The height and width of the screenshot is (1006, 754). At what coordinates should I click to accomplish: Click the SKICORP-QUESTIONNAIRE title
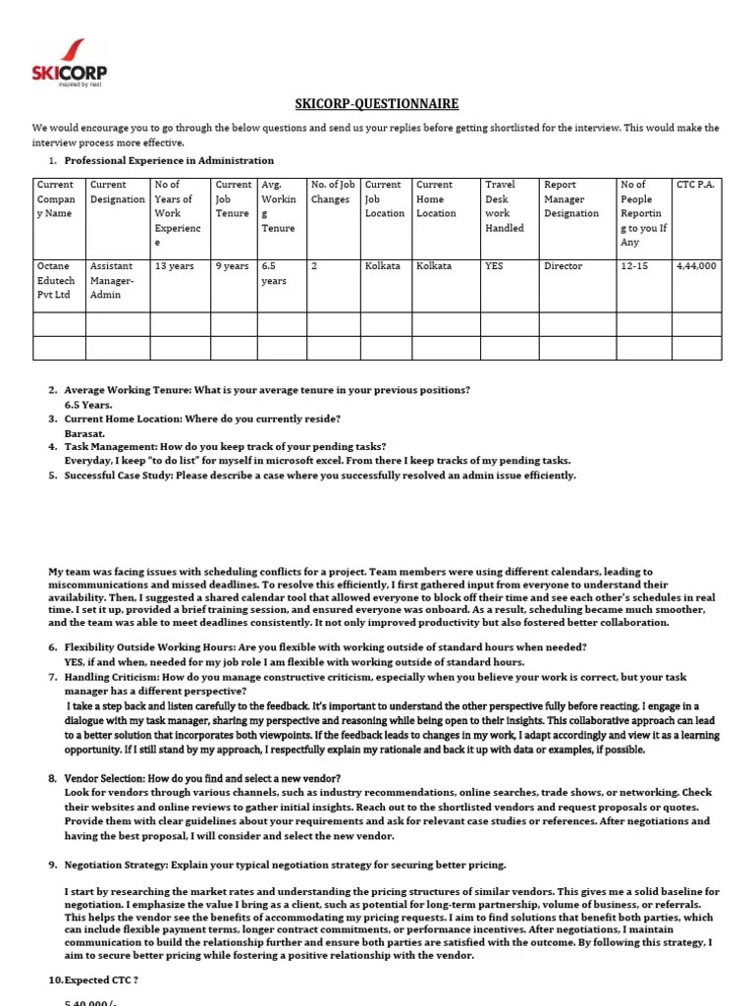[377, 104]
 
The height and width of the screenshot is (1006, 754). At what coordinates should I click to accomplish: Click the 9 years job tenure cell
[233, 266]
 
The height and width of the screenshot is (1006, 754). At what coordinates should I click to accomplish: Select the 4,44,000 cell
[695, 266]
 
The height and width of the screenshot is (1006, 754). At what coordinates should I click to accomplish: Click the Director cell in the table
[563, 266]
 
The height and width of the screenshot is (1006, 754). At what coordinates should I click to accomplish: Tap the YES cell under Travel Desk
[494, 266]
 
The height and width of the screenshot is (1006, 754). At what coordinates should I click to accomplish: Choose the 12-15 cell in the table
[635, 266]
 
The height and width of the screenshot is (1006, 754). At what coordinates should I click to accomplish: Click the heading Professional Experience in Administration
[169, 160]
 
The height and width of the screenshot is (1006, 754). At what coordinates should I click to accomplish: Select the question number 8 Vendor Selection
[202, 778]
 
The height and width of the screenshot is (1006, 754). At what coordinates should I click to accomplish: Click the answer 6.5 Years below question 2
[88, 404]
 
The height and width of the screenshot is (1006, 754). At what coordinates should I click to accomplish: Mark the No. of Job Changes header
[331, 192]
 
